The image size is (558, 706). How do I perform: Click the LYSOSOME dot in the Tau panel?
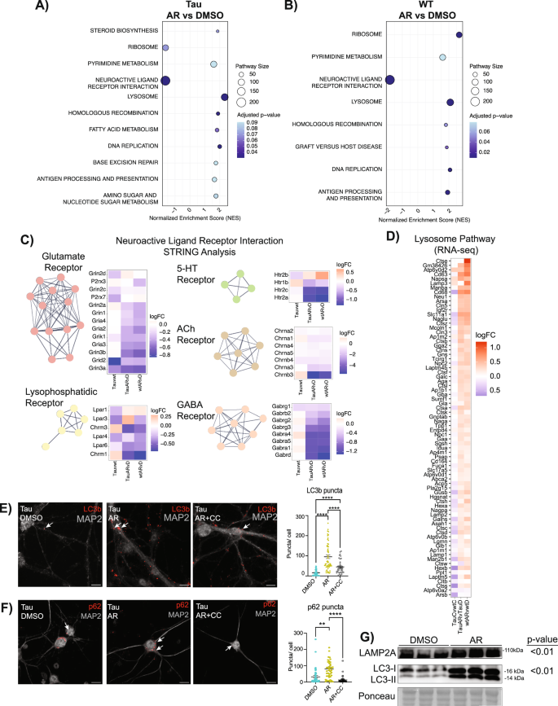click(x=224, y=97)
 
